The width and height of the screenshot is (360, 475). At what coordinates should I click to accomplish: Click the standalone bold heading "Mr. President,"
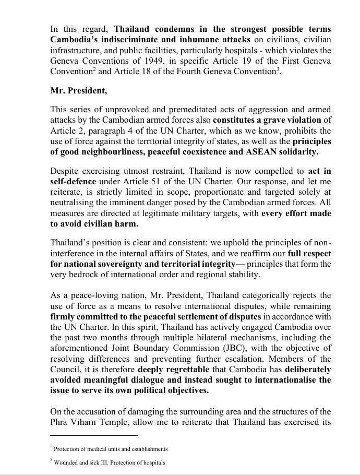tap(78, 90)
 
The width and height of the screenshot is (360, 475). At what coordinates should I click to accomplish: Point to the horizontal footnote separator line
tap(94, 435)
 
